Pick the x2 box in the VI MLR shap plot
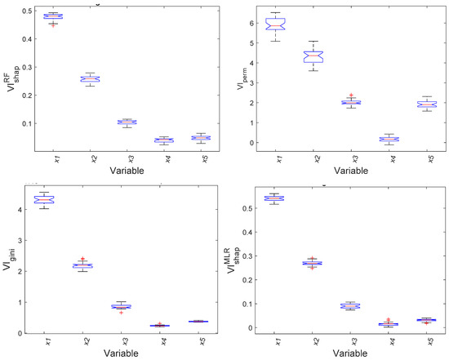(313, 263)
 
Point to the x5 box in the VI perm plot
(422, 104)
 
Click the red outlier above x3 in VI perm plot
(349, 96)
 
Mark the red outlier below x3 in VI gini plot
(126, 313)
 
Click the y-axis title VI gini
(11, 262)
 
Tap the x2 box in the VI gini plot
(90, 265)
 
